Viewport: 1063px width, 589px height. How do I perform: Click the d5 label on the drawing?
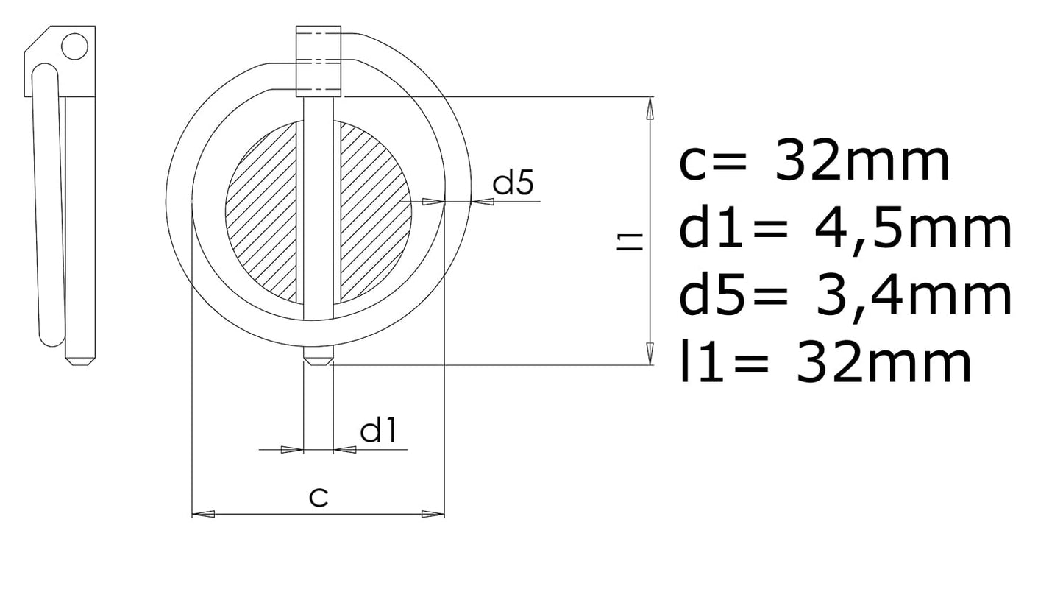click(x=513, y=182)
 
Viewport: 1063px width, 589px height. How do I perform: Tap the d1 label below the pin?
click(x=378, y=430)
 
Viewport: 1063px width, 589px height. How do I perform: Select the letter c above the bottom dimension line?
click(x=319, y=497)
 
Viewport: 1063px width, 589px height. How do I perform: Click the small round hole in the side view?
click(x=74, y=46)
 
